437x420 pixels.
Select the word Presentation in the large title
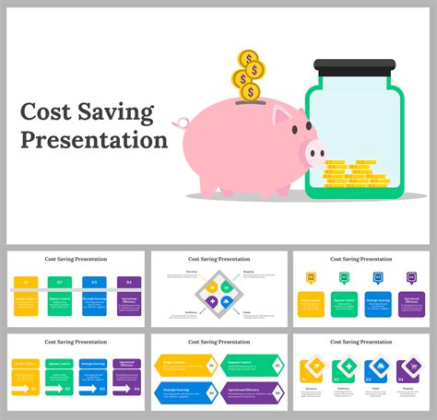pos(94,140)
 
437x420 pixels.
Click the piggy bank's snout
pos(315,153)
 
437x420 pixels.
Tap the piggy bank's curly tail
pos(181,122)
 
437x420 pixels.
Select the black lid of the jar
pos(354,66)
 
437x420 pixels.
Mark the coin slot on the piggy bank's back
pos(245,102)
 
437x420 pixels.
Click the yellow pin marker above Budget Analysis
pos(311,277)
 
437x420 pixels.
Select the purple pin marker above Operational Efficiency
pos(411,277)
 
